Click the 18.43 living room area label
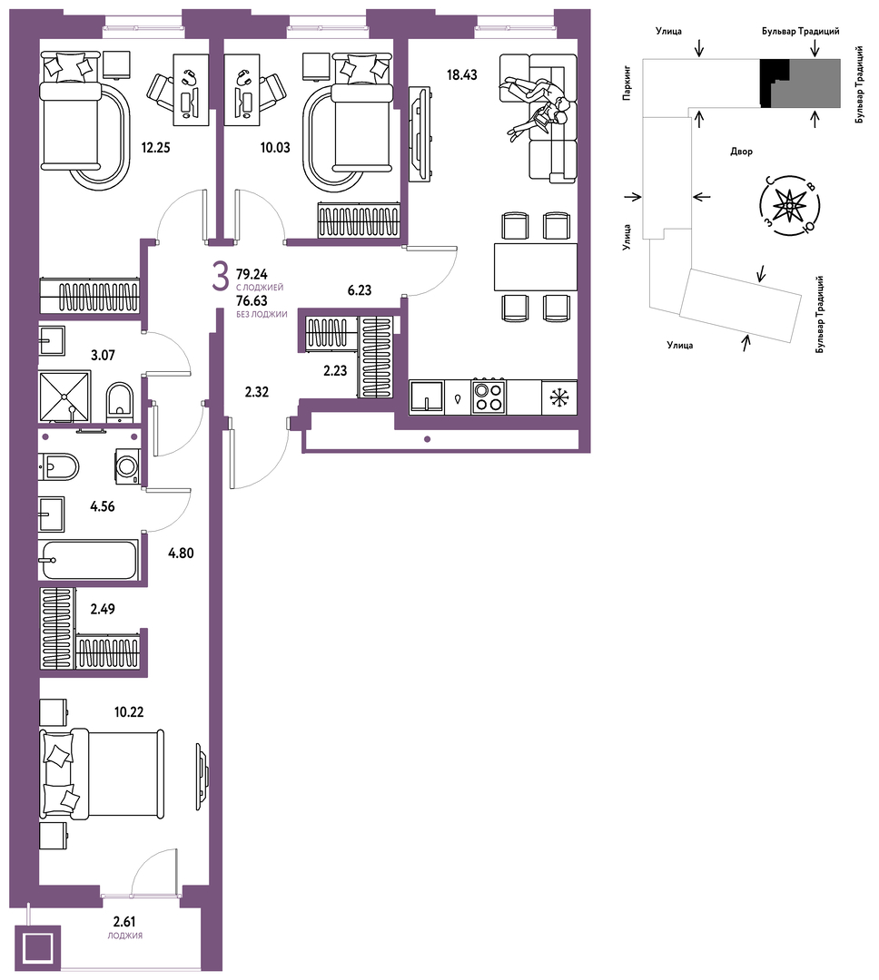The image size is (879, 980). [461, 75]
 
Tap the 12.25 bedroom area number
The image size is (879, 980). [156, 148]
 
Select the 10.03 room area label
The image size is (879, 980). [275, 148]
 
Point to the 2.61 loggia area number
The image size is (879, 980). [124, 921]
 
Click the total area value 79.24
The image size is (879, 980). [252, 274]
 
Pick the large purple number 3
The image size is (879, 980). [220, 279]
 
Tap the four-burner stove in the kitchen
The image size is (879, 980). [489, 397]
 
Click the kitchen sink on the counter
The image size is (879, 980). [427, 397]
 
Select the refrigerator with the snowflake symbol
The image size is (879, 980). [559, 397]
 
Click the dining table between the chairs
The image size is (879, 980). [536, 267]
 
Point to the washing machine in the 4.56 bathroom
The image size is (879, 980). [127, 466]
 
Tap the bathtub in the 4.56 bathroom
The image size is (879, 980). [87, 560]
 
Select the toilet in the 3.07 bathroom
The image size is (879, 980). [120, 399]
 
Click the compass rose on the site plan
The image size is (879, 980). [790, 204]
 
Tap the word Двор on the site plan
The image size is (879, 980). [741, 152]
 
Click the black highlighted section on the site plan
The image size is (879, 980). [774, 83]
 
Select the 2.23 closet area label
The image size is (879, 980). [335, 370]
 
